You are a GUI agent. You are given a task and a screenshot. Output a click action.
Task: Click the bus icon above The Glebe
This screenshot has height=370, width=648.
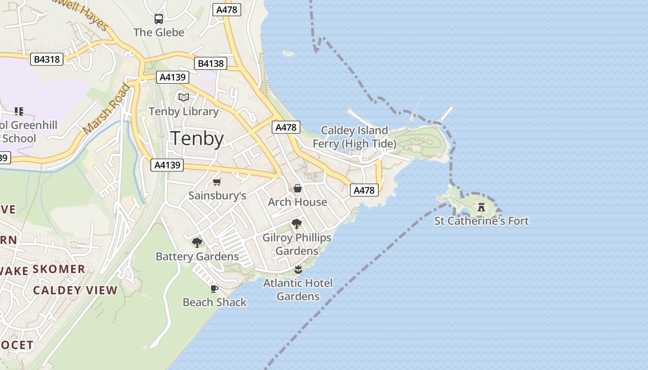(x=159, y=19)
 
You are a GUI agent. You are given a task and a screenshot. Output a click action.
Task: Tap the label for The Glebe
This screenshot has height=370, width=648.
(x=159, y=32)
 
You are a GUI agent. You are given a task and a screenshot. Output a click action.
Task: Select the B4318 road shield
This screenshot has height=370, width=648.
(x=47, y=59)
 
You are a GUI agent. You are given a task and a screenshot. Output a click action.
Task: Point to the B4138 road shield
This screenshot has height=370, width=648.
(x=211, y=63)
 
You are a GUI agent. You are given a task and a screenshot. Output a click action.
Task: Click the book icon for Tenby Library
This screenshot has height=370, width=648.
(x=184, y=98)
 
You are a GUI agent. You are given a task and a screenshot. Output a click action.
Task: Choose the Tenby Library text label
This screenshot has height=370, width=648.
(x=184, y=111)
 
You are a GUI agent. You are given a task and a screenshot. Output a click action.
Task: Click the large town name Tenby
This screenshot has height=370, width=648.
(x=198, y=139)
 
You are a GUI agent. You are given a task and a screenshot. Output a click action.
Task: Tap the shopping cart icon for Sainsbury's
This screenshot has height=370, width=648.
(x=217, y=182)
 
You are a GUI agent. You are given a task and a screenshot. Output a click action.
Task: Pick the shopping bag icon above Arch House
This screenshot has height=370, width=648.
(x=298, y=189)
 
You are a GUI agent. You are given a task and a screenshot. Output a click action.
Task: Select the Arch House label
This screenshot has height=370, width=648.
(x=298, y=202)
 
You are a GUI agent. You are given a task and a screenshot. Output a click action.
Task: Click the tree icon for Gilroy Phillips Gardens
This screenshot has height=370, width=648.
(x=297, y=224)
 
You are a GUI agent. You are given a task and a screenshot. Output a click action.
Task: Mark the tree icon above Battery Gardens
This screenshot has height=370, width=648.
(x=197, y=243)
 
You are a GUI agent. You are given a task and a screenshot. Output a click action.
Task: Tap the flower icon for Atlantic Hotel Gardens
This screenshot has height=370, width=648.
(x=298, y=269)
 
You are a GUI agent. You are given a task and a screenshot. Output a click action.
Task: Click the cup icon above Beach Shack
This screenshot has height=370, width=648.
(x=214, y=289)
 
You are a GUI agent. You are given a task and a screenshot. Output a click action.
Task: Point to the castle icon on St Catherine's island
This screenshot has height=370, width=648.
(x=481, y=207)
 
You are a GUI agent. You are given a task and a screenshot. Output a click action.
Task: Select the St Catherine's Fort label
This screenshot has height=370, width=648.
(x=481, y=221)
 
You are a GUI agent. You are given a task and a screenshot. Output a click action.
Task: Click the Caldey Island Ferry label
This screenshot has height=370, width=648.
(x=355, y=137)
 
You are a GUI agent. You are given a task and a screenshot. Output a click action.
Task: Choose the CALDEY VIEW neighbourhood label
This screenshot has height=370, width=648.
(x=75, y=290)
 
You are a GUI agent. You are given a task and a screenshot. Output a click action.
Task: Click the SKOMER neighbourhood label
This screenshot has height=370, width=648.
(x=59, y=269)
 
